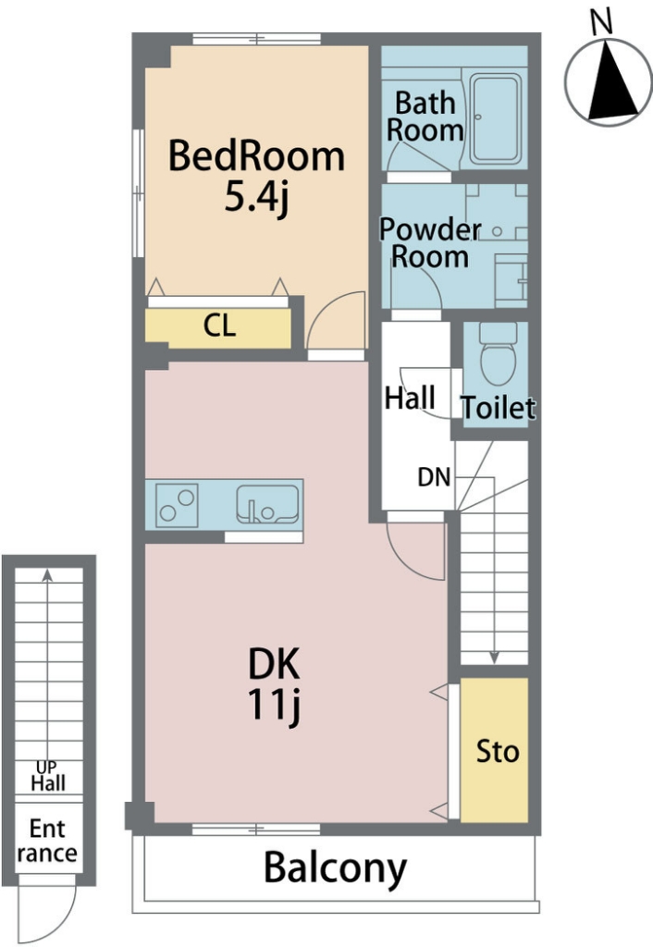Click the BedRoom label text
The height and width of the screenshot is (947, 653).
(256, 155)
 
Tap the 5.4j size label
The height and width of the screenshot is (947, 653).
(256, 198)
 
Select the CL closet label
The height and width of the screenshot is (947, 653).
(219, 326)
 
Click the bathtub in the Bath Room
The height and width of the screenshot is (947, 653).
(496, 119)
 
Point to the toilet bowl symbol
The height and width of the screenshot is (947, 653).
(499, 354)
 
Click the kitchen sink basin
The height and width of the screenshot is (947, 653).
(267, 504)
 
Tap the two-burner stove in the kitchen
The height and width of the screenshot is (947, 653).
(177, 506)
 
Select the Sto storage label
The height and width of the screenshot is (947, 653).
(498, 752)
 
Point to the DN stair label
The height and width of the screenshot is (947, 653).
(435, 478)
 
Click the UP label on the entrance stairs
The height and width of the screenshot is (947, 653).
(46, 767)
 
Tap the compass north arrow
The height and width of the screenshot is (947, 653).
(610, 80)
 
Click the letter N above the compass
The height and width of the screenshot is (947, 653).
(601, 22)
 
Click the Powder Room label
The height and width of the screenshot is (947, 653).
(430, 243)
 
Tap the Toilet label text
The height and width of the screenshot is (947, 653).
(499, 408)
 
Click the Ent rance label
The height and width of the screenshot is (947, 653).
(47, 842)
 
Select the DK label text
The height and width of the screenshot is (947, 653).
(274, 664)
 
